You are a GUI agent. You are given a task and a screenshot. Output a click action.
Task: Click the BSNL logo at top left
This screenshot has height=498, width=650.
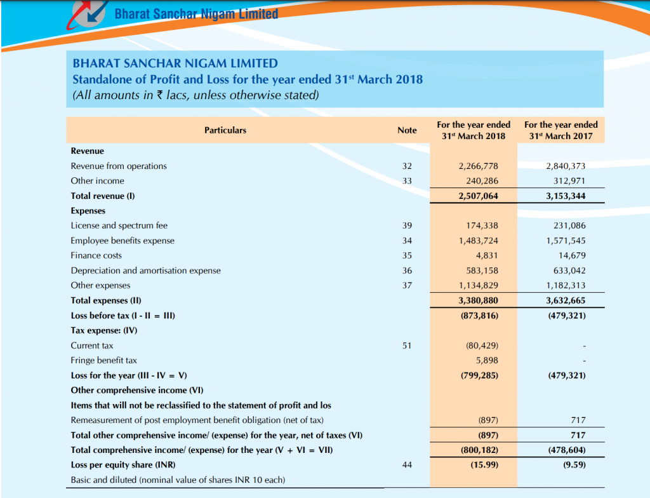[x=88, y=14]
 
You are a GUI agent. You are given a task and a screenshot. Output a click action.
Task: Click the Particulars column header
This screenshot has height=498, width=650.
[x=225, y=130]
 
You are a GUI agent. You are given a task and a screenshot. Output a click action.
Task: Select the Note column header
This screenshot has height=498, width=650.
[x=407, y=130]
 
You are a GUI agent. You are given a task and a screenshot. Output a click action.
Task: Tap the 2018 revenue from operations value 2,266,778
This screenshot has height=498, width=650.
[x=479, y=166]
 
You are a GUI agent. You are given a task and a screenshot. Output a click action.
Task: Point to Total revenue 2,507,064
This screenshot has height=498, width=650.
[x=479, y=196]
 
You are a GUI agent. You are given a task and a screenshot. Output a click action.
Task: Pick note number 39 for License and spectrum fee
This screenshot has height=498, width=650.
[x=407, y=225]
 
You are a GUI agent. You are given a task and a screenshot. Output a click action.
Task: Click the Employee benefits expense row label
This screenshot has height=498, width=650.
[x=123, y=241]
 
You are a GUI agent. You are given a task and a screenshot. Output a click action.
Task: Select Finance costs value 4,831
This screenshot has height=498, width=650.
[x=487, y=255]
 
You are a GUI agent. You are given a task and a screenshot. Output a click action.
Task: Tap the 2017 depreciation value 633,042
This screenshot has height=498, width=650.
[x=569, y=271]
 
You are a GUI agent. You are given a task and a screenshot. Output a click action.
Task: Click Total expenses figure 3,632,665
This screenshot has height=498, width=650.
[x=566, y=300]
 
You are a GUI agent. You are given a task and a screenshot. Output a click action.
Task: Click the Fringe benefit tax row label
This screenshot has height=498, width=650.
[x=103, y=360]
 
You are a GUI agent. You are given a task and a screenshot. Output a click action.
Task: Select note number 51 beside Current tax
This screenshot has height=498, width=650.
[x=407, y=346]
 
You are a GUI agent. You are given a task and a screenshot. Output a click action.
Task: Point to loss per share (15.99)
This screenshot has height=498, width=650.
[x=484, y=465]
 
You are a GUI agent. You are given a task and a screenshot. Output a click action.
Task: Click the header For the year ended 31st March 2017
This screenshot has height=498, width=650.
[x=561, y=130]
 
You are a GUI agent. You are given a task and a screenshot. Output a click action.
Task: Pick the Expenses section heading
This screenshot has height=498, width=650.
[x=88, y=211]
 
